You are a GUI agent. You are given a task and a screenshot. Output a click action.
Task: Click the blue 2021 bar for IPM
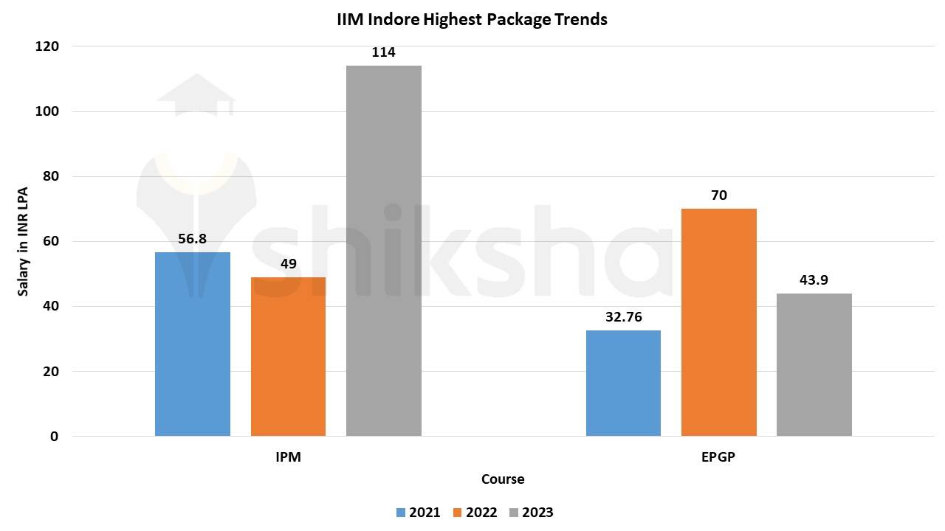pos(192,344)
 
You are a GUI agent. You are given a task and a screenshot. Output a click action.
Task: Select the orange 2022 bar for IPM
pos(288,356)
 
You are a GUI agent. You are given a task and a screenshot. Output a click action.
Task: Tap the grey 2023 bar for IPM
pos(383,251)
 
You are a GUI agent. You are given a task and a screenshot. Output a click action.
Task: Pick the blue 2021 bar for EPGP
pos(623,383)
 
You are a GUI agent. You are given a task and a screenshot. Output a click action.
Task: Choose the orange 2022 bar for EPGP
pos(718,322)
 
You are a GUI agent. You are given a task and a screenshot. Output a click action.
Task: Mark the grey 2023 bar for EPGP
pos(814,364)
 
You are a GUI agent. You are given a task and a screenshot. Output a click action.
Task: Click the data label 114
pos(383,52)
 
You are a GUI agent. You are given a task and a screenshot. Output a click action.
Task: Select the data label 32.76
pos(623,317)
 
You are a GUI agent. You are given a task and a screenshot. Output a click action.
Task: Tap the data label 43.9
pos(814,281)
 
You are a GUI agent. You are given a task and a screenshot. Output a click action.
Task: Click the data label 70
pos(718,195)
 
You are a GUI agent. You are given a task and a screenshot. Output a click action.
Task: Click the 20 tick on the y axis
pos(51,371)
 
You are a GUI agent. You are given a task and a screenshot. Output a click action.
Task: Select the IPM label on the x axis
pos(288,457)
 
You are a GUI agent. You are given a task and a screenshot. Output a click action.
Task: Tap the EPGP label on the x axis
pos(718,457)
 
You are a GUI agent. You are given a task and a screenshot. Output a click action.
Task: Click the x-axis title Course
pos(503,479)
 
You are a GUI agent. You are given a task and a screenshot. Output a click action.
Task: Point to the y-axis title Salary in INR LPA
pos(23,241)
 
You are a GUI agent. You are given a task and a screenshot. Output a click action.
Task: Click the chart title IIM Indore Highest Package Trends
pos(472,20)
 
